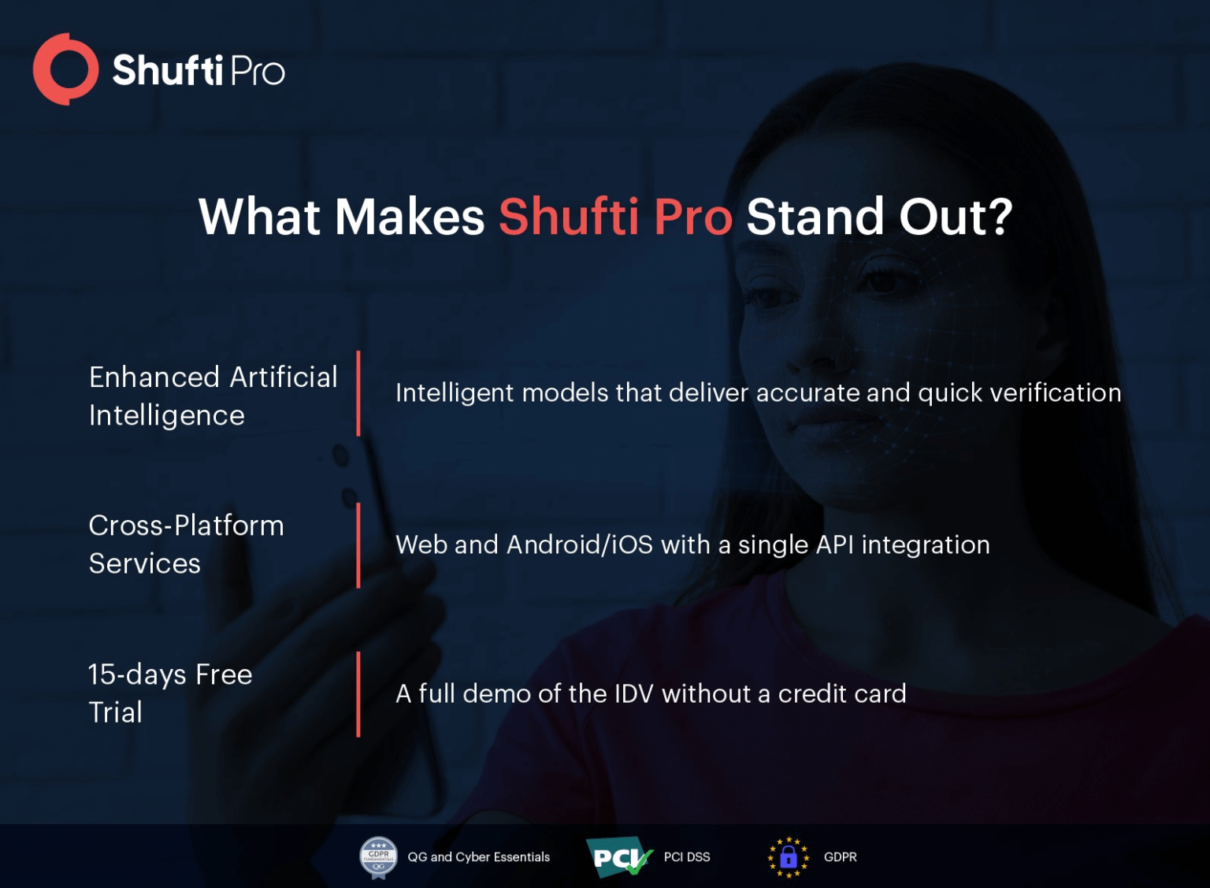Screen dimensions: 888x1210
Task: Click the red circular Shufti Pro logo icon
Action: tap(65, 69)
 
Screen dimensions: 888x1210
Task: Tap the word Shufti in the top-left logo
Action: tap(168, 71)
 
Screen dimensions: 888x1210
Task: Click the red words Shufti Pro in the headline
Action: tap(615, 217)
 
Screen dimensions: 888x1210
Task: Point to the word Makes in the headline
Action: tap(410, 217)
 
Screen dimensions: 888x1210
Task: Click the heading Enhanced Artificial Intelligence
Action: tap(213, 396)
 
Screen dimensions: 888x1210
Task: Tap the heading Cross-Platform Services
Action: tap(186, 544)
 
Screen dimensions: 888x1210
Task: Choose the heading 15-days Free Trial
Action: tap(170, 693)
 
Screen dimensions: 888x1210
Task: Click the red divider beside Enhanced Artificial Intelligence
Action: tap(358, 394)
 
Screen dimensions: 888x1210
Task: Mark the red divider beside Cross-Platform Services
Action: tap(358, 545)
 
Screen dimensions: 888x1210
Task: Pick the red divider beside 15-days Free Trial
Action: tap(358, 694)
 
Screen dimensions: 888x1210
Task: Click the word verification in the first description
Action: tap(1055, 392)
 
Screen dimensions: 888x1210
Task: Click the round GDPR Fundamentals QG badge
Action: tap(379, 857)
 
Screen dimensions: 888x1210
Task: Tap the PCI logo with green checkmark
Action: tap(619, 857)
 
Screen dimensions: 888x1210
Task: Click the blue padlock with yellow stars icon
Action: tap(788, 857)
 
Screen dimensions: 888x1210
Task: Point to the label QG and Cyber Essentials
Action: tap(479, 857)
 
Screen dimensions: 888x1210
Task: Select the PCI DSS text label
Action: tap(687, 857)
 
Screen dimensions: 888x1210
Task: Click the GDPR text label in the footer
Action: tap(841, 857)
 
